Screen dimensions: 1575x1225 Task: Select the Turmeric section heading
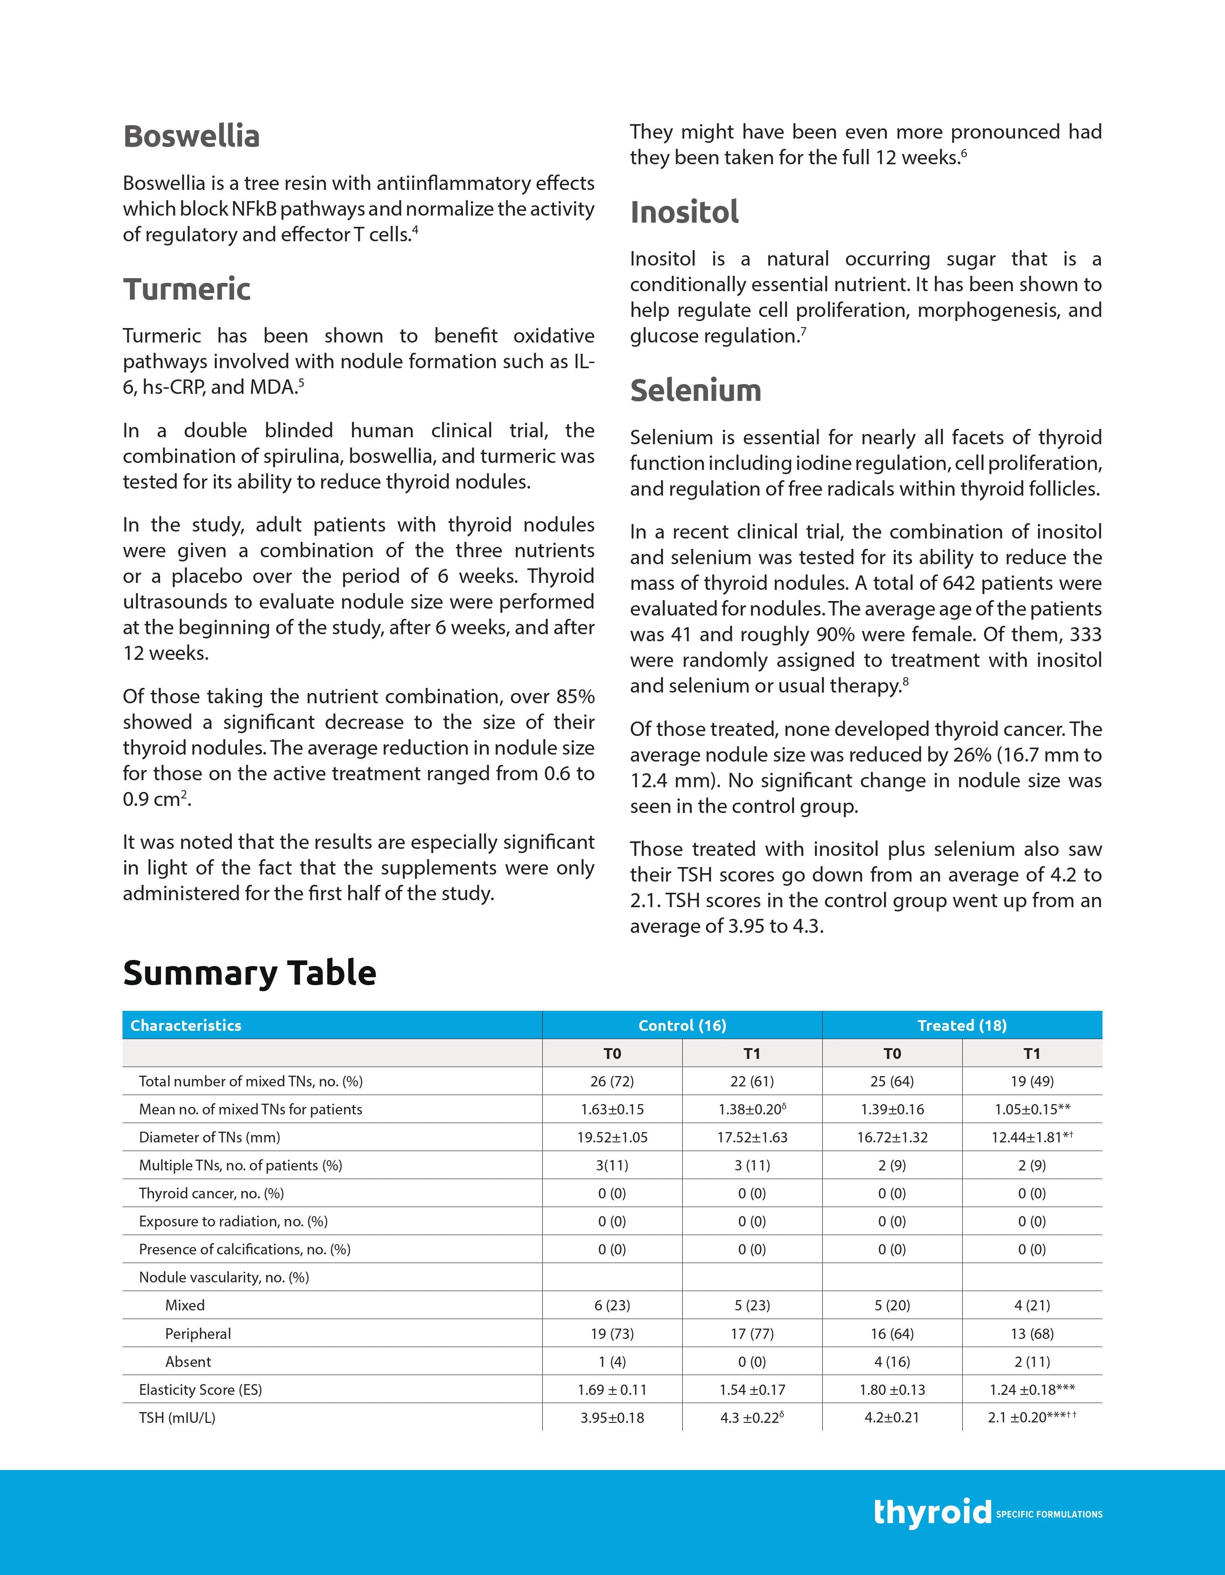[x=187, y=290]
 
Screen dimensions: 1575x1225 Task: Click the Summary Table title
[x=250, y=973]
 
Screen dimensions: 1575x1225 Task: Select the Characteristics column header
[x=186, y=1025]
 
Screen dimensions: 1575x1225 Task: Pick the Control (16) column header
[x=682, y=1025]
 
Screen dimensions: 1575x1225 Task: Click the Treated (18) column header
[x=962, y=1025]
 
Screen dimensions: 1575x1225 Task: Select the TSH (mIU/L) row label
[x=177, y=1418]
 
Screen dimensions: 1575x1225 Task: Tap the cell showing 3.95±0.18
[x=612, y=1418]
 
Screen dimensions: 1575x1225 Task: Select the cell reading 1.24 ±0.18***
[x=1032, y=1390]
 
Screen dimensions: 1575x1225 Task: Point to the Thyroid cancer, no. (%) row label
[x=211, y=1194]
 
